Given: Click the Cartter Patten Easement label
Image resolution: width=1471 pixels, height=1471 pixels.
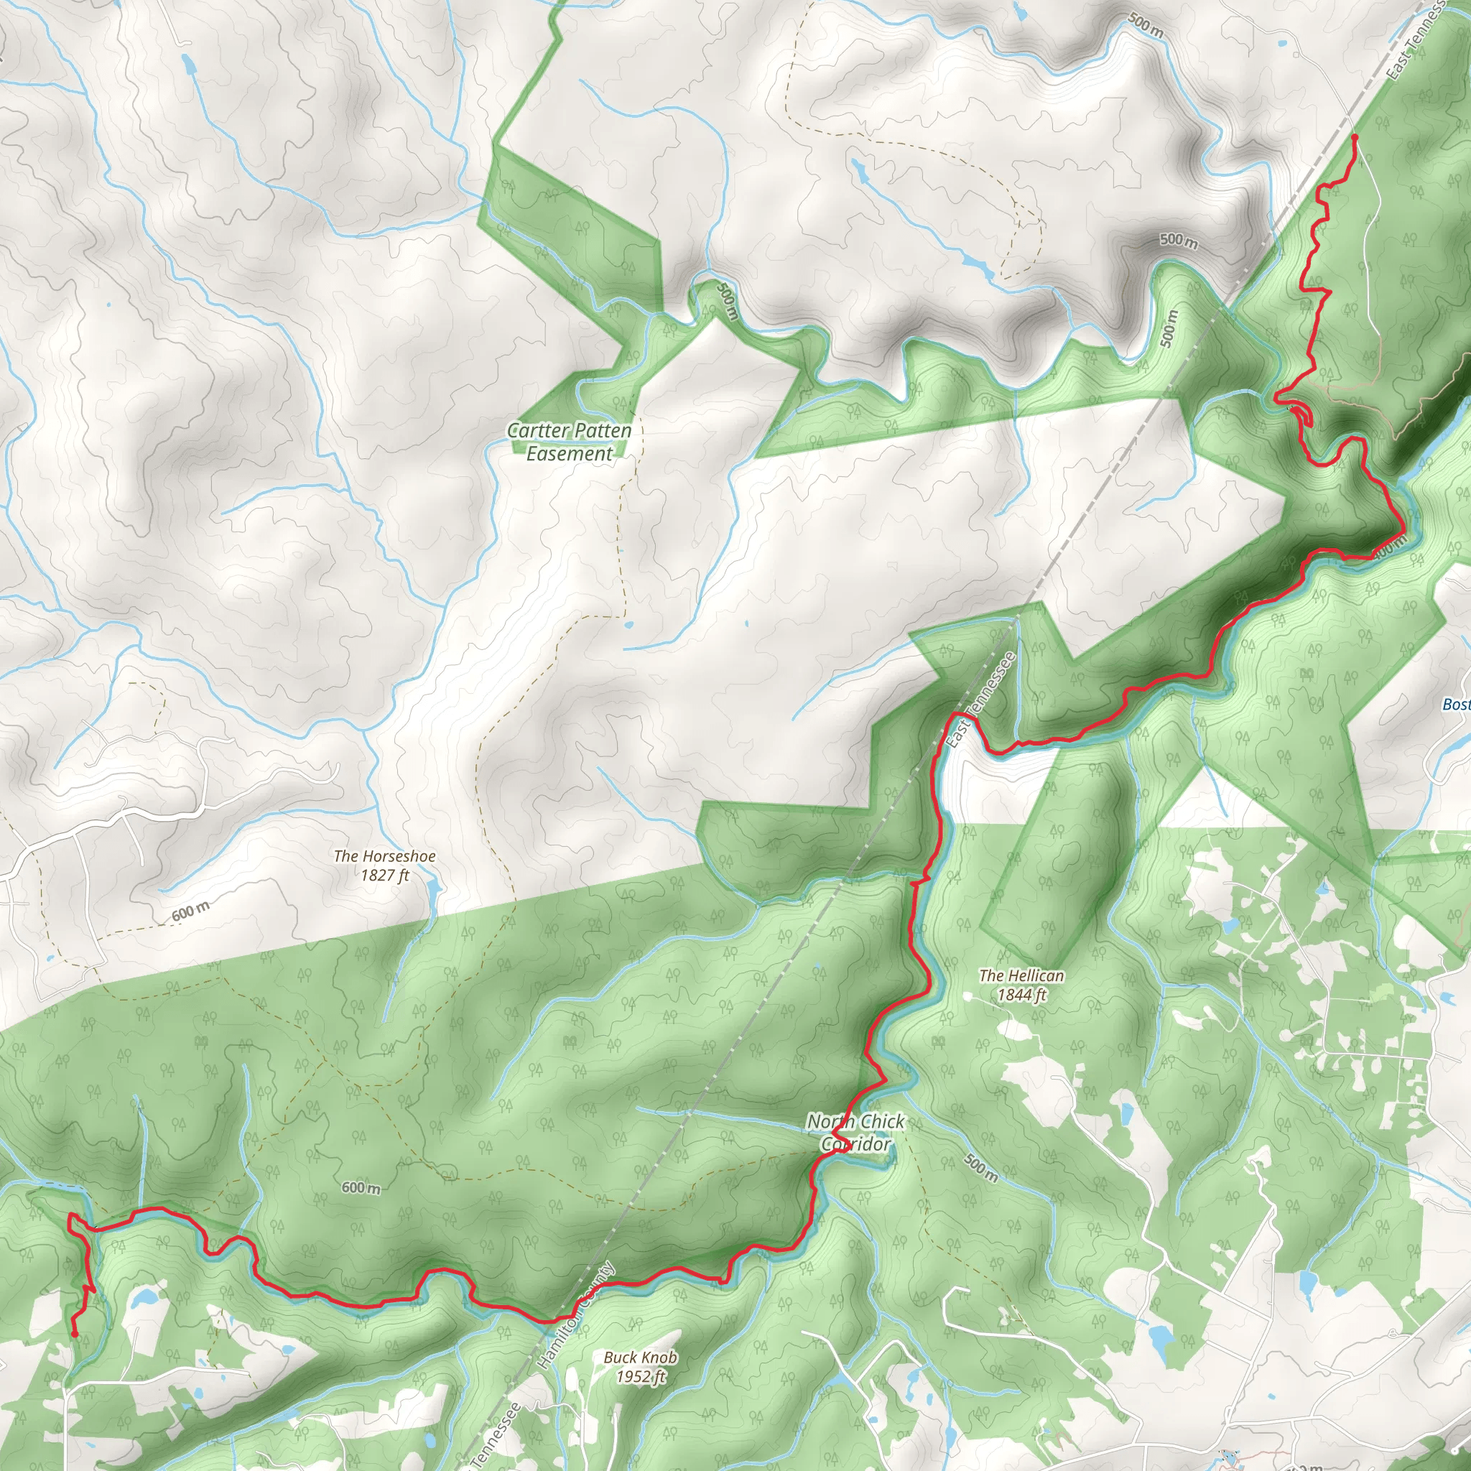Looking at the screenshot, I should (570, 442).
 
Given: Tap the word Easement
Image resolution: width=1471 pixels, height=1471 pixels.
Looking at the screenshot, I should (570, 454).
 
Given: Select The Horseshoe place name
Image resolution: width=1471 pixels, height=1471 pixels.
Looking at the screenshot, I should (384, 855).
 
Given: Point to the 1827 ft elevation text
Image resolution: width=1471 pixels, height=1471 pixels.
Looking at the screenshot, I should (384, 875).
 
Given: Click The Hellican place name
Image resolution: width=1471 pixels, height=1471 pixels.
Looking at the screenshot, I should (1022, 975).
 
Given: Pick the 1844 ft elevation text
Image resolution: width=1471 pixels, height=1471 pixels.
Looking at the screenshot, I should (1022, 994).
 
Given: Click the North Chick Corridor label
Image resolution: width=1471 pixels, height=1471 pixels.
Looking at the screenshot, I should (855, 1132).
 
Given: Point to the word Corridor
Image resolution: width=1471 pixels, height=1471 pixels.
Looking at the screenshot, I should (855, 1143).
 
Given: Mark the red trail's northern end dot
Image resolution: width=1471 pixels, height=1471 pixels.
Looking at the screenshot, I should (1355, 137).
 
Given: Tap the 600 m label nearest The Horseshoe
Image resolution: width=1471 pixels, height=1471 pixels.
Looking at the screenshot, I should (190, 911).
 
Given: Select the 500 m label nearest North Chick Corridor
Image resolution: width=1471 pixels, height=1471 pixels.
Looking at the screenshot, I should (980, 1167).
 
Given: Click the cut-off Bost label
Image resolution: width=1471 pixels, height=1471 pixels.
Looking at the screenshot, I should (1456, 705).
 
